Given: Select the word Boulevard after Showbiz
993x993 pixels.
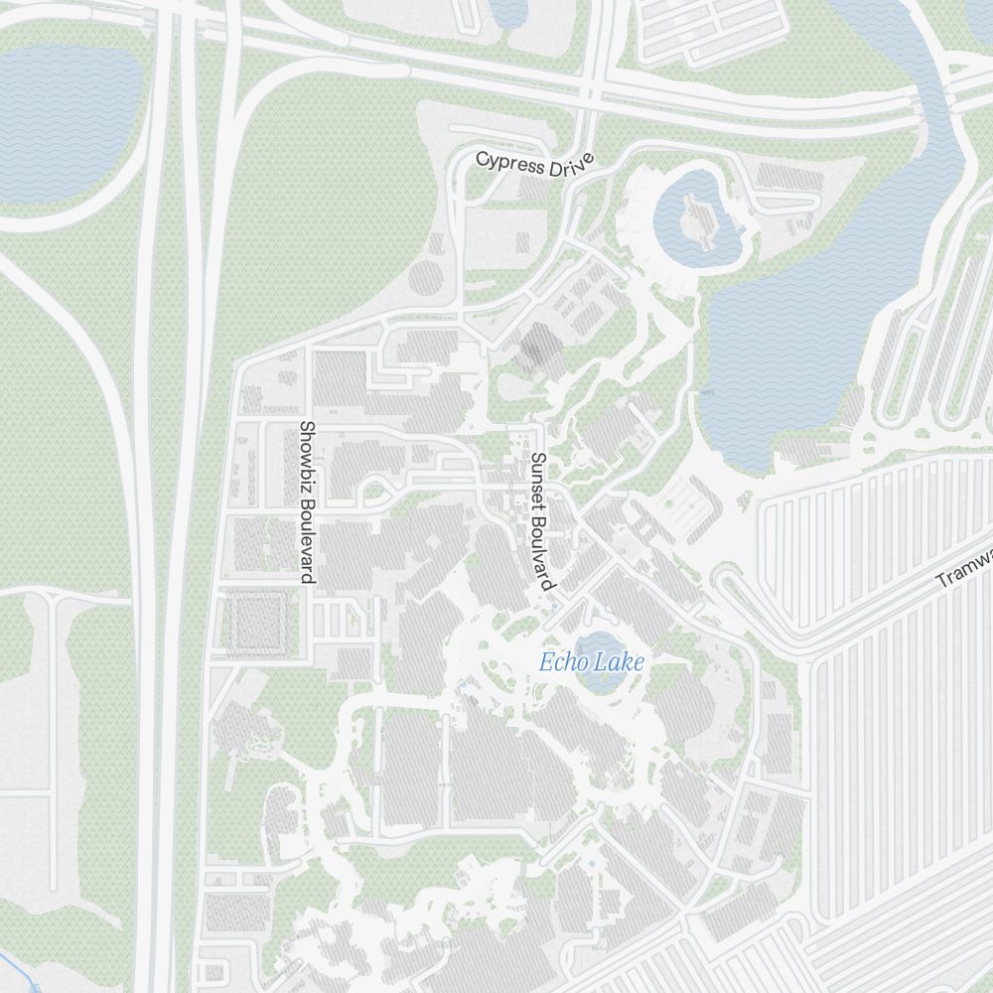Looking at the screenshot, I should [x=307, y=542].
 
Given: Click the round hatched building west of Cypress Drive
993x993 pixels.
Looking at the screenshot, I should [x=426, y=277].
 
